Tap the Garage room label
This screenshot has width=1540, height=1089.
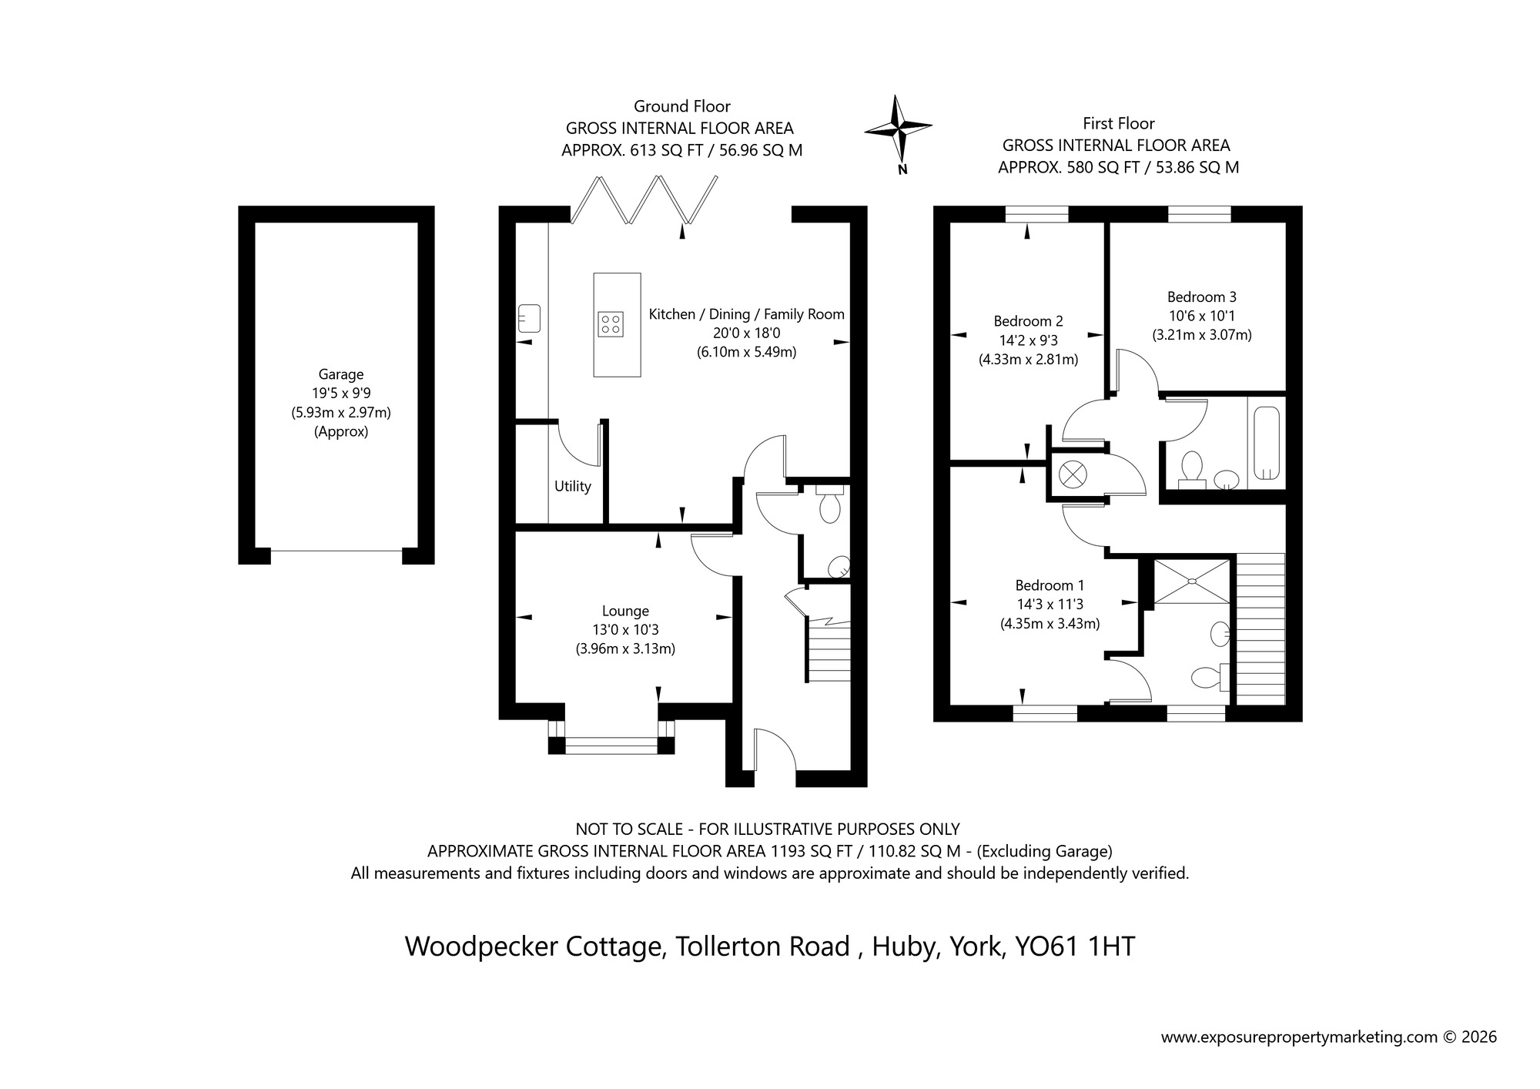(340, 375)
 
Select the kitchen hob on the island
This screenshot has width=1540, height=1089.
(611, 323)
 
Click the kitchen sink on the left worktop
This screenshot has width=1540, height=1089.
(530, 317)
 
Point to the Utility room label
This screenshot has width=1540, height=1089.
(572, 487)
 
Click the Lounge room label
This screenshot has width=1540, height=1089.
(625, 612)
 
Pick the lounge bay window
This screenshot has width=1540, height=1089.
(611, 744)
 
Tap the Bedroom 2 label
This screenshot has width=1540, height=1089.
(1028, 321)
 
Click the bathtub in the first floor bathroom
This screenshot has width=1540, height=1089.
(1267, 443)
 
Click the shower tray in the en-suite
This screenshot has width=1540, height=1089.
(1192, 581)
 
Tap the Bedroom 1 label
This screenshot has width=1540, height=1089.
(1050, 585)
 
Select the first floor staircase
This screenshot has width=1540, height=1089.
(1260, 628)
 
